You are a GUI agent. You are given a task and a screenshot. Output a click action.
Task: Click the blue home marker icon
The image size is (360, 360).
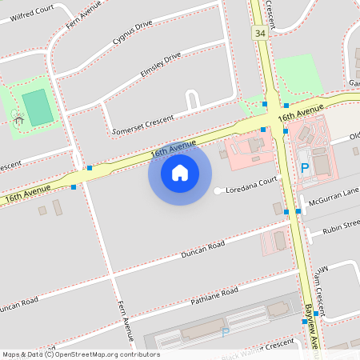180,172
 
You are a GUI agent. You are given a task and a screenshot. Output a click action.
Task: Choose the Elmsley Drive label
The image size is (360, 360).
161,63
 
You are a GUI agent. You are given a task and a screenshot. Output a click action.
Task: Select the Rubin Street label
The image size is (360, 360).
339,230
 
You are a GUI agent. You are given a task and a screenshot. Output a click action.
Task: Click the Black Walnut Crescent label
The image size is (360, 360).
258,345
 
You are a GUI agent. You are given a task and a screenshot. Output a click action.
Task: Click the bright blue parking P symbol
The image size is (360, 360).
305,168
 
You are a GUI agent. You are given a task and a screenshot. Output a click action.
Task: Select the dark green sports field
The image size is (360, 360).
37,106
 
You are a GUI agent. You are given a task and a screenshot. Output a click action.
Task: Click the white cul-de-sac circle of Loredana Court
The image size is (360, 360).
218,190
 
